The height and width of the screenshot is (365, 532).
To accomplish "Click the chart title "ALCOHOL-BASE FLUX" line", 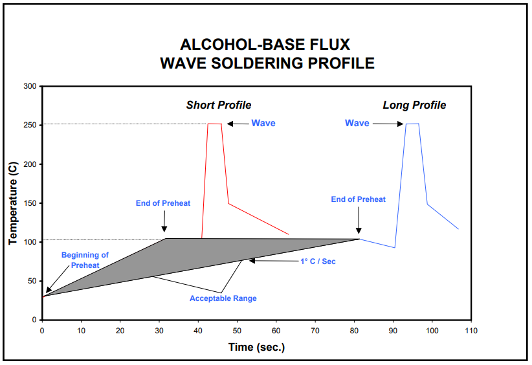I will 265,45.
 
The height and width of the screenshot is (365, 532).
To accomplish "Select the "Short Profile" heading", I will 219,105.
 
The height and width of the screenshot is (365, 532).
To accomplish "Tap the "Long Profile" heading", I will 414,105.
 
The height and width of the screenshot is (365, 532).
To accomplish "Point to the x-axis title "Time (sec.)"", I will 256,347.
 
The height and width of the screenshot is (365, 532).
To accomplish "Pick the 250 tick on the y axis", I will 30,125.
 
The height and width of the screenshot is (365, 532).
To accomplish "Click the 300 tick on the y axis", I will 30,86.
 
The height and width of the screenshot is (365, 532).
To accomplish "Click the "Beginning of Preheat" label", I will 85,259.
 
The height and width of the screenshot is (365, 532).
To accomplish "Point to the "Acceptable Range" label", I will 223,298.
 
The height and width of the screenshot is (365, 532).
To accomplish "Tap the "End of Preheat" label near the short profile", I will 163,203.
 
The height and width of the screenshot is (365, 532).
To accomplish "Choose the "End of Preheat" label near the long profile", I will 358,199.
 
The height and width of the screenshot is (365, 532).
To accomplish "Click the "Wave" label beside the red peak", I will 263,123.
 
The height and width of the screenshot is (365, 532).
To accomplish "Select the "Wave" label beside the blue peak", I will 357,123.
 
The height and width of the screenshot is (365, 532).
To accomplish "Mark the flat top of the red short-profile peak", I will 214,124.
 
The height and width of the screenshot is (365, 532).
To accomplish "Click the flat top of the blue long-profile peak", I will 412,124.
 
